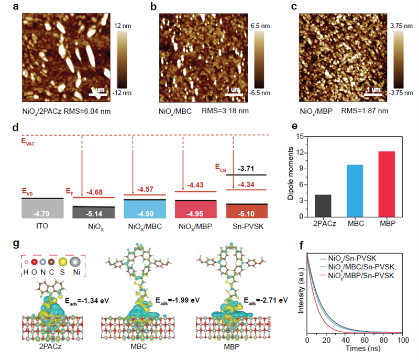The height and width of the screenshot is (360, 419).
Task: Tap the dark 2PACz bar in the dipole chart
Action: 323,206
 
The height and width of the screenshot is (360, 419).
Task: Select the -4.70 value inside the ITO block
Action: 42,213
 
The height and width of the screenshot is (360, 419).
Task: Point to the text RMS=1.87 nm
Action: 363,111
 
